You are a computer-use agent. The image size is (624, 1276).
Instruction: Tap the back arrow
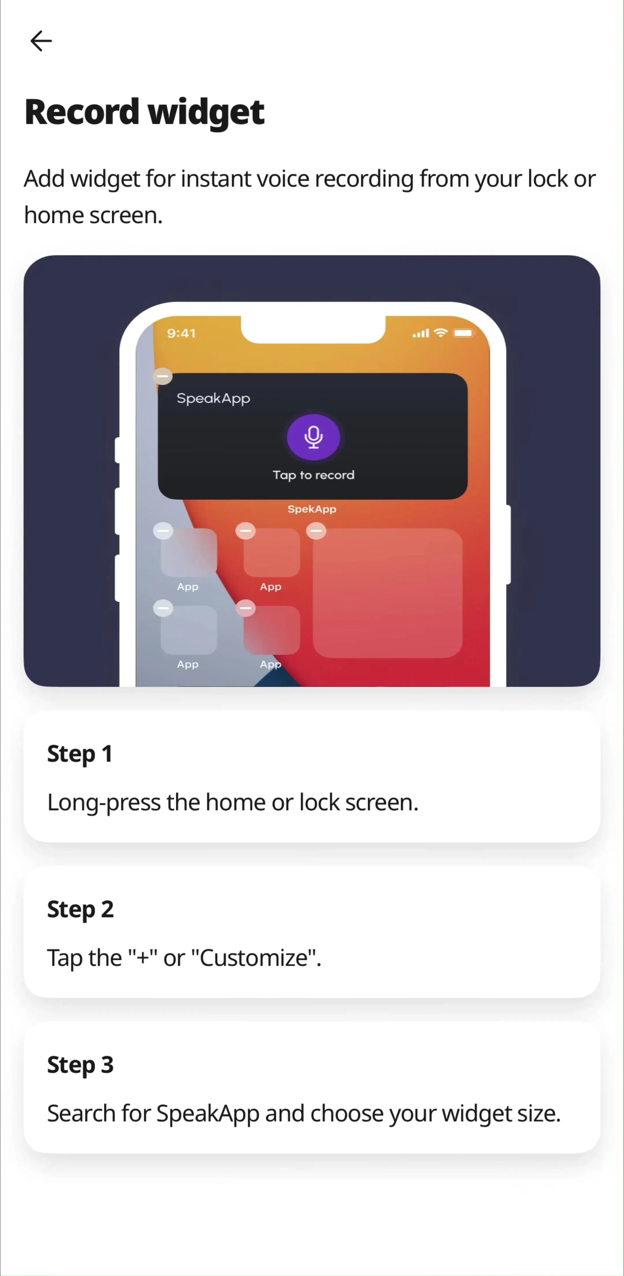click(x=41, y=40)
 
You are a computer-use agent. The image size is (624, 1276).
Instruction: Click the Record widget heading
click(x=144, y=112)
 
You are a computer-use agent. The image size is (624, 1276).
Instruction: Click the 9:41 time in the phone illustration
click(x=181, y=333)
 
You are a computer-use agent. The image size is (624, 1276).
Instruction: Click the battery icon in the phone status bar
click(x=464, y=333)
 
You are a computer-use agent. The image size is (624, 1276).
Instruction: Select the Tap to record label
click(x=313, y=475)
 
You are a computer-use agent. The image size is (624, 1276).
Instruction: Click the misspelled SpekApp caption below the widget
click(x=312, y=509)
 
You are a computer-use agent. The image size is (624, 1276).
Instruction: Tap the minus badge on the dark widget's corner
click(x=163, y=376)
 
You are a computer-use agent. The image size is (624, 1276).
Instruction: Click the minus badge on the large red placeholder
click(x=316, y=531)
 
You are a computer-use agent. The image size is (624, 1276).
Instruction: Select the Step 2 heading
click(x=80, y=909)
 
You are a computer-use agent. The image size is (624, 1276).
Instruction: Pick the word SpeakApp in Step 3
click(x=208, y=1114)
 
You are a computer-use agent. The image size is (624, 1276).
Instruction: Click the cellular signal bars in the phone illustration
click(x=421, y=333)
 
